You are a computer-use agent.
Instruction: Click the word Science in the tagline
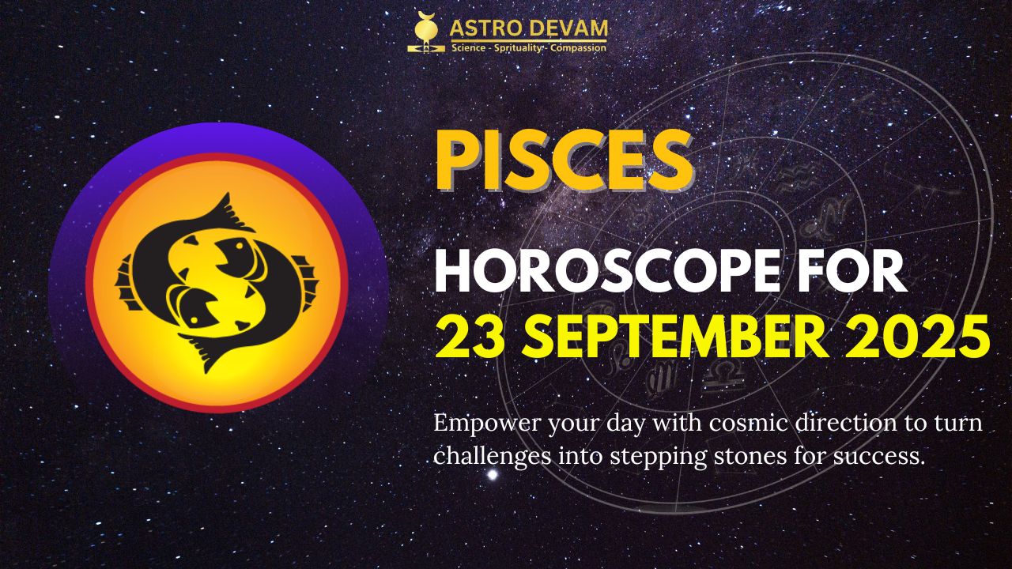tap(469, 48)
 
